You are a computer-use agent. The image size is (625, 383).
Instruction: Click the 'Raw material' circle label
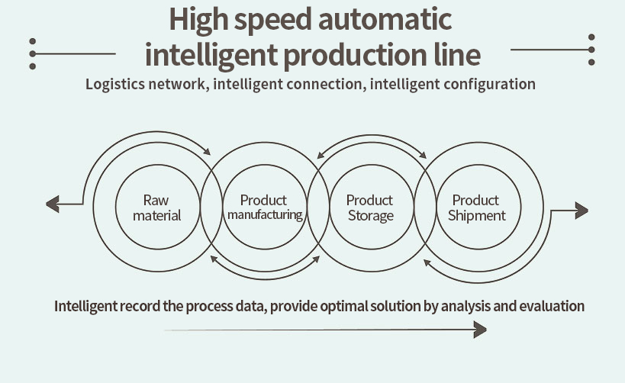(156, 208)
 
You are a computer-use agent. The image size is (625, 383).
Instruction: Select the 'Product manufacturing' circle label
(264, 208)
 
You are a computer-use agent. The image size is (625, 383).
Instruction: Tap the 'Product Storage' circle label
(370, 208)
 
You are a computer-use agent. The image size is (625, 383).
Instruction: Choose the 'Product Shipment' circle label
(476, 208)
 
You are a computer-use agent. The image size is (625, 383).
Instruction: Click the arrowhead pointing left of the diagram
(52, 204)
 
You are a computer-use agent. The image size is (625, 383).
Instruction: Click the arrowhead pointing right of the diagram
(582, 210)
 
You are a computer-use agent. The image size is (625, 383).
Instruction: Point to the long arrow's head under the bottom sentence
(480, 330)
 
